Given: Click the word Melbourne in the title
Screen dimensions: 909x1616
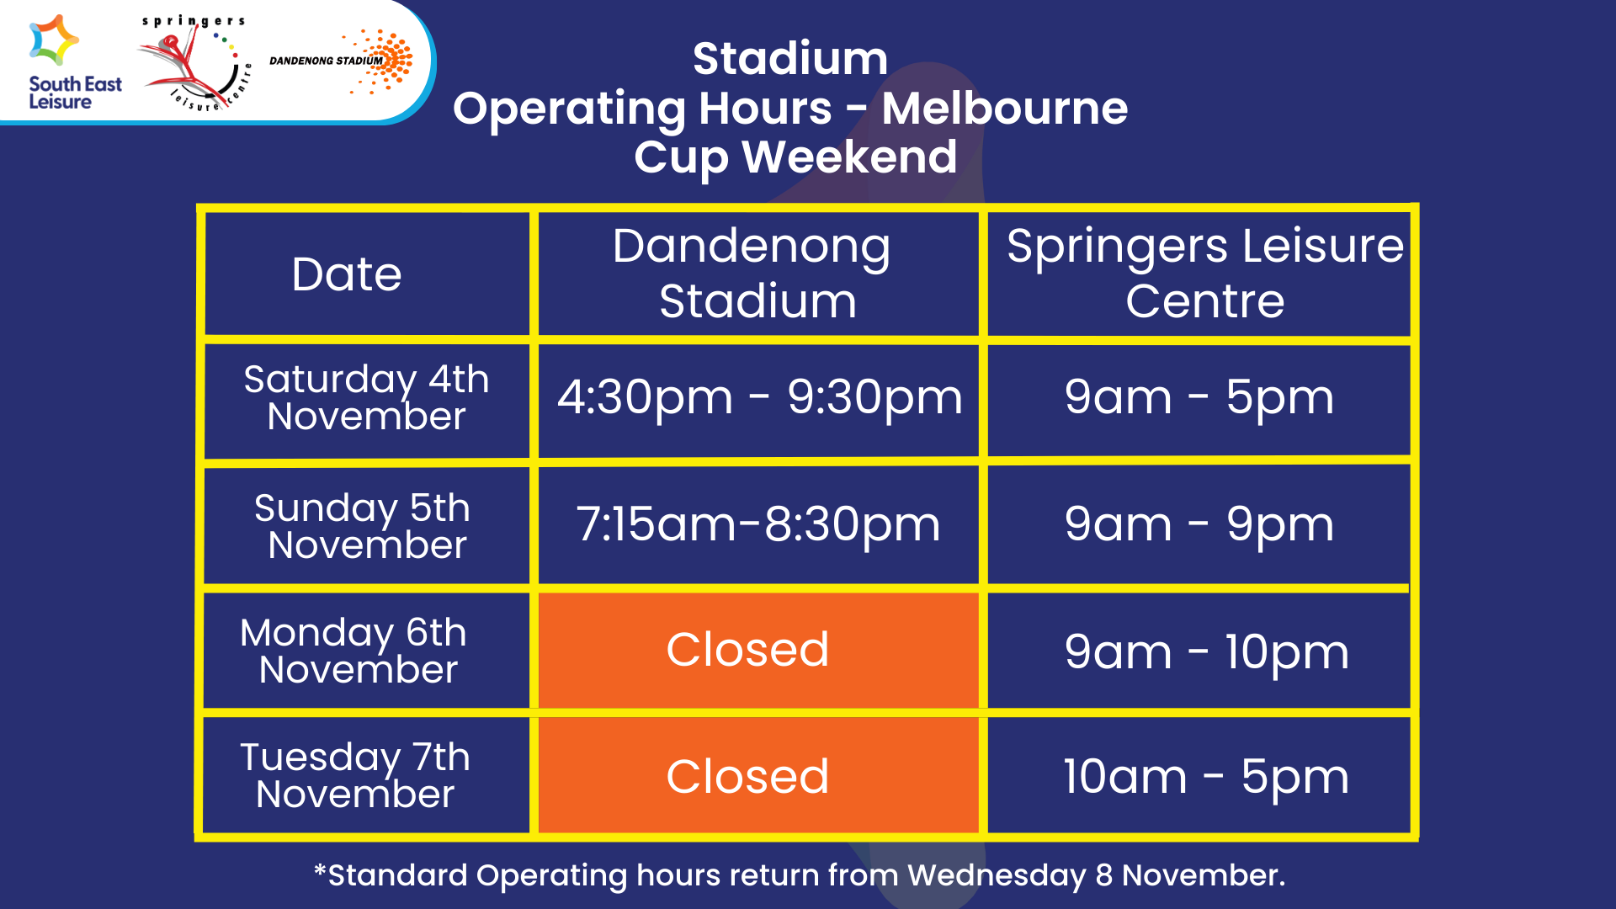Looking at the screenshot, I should point(1004,109).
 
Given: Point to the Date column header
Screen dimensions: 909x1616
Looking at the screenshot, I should point(347,274).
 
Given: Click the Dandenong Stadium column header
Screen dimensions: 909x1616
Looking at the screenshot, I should point(757,274).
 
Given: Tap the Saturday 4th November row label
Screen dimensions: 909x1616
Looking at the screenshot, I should point(366,397).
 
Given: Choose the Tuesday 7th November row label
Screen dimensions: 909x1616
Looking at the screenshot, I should point(355,775).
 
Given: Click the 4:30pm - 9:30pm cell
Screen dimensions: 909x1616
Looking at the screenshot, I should point(758,397).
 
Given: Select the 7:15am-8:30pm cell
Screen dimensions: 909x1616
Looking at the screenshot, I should point(757,524).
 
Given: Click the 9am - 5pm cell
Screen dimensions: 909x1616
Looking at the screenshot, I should point(1199,397).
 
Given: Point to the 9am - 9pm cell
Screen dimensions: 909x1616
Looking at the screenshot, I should point(1199,524).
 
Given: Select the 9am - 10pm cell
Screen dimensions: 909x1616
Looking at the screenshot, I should point(1205,651).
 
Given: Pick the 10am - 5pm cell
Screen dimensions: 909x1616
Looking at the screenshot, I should point(1205,776).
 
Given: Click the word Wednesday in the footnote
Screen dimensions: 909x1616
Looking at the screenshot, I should point(997,875).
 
